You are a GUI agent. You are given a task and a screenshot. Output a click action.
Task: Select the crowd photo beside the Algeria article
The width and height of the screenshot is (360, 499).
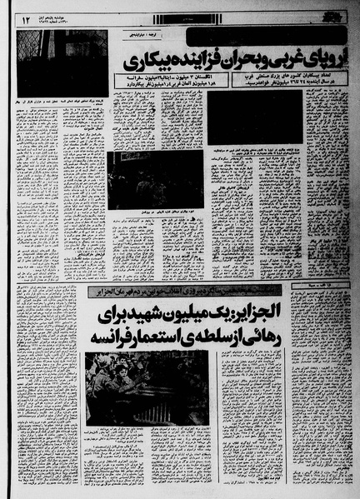pyautogui.click(x=147, y=388)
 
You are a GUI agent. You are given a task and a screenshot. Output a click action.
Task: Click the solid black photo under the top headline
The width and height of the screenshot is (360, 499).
pyautogui.click(x=255, y=117)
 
